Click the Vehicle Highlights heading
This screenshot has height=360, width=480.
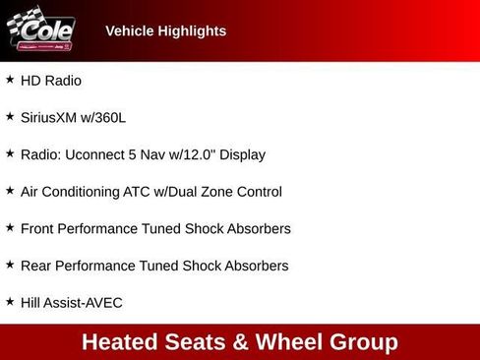(165, 31)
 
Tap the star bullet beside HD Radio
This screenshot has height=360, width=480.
(10, 80)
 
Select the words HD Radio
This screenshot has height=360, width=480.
(51, 81)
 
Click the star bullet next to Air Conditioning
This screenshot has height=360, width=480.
(10, 191)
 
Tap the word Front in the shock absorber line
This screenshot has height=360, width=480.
(38, 228)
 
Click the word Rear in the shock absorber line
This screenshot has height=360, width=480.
(36, 266)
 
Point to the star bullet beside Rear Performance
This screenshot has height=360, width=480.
(10, 265)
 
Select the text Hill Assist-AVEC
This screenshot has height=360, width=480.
(72, 303)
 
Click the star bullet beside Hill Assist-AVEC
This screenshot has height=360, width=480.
(10, 302)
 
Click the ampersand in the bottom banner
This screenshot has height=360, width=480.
(241, 342)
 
